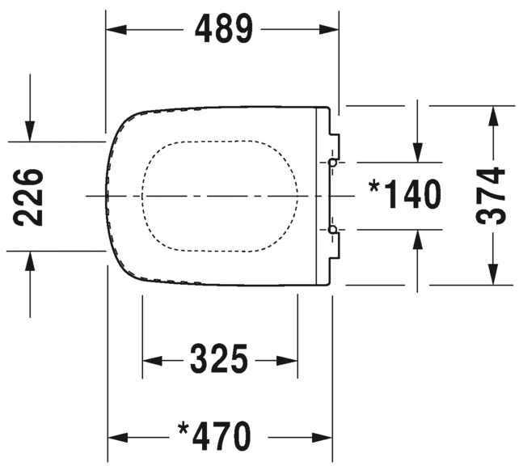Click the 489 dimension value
(x=224, y=29)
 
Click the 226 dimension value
(x=28, y=197)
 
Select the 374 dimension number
(x=491, y=196)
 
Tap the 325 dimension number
(x=219, y=358)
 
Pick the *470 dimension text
(x=214, y=436)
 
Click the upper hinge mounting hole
(x=332, y=163)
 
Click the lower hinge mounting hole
(x=332, y=229)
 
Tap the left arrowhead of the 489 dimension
(x=116, y=29)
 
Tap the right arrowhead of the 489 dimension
(x=329, y=29)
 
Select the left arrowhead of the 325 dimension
(x=152, y=360)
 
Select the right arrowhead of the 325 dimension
(x=287, y=360)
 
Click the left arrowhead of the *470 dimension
(x=118, y=438)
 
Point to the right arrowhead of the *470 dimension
(x=322, y=438)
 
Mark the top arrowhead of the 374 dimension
(x=493, y=116)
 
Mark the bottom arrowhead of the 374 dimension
(x=493, y=274)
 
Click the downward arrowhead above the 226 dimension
(x=30, y=132)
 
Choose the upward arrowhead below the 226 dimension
(x=30, y=261)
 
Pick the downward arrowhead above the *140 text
(x=418, y=152)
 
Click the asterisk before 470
(x=183, y=429)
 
